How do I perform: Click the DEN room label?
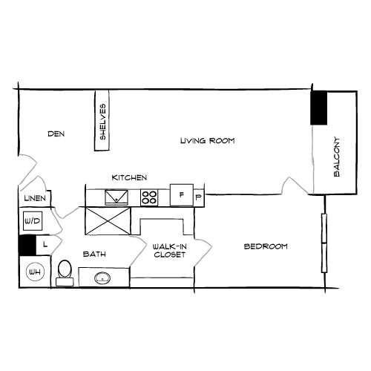(x=56, y=134)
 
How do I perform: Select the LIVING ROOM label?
(x=207, y=140)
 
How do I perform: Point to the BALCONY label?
(x=336, y=157)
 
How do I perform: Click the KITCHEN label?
(x=129, y=178)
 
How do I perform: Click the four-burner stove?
(x=149, y=197)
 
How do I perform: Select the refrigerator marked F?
(x=180, y=195)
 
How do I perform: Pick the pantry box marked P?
(x=198, y=197)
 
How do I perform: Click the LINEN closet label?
(x=35, y=199)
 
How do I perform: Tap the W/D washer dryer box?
(x=32, y=220)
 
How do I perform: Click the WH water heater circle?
(x=34, y=272)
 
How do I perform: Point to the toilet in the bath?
(x=64, y=272)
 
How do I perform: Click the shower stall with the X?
(x=108, y=220)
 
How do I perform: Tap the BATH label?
(x=93, y=255)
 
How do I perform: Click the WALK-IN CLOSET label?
(x=168, y=250)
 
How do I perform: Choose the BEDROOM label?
(x=266, y=246)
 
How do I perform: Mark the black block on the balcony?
(x=320, y=108)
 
